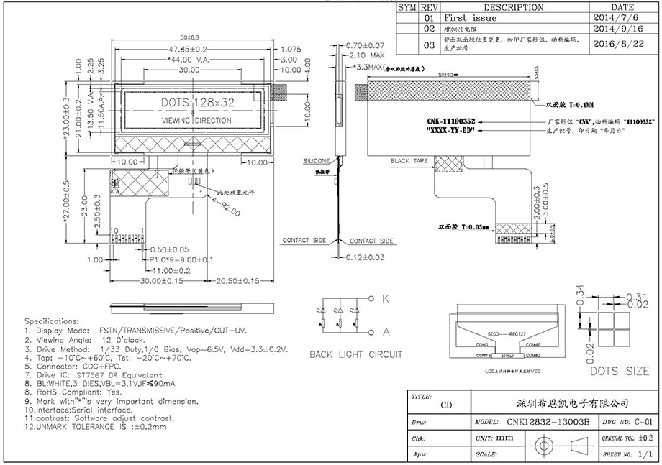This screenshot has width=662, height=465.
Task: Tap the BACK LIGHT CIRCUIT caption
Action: pos(355,354)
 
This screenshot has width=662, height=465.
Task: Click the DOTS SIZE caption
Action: pos(619,372)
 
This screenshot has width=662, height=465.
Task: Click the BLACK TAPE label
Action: pos(409,161)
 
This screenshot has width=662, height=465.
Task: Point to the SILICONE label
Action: pos(316,160)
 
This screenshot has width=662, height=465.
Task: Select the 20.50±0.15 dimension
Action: pos(237,280)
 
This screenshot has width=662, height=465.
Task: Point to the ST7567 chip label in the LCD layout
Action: pos(509,355)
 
